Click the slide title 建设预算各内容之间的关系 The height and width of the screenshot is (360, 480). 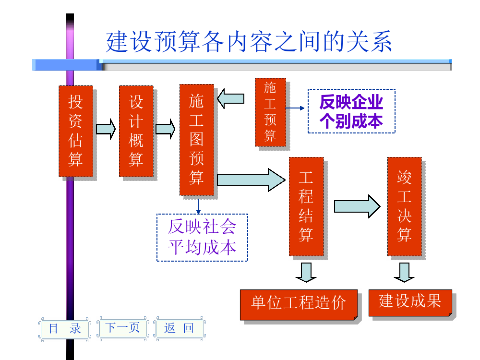249,42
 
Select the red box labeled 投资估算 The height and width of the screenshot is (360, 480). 75,131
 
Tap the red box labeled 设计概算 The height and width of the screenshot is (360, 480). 136,131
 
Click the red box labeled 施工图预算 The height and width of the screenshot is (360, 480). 196,140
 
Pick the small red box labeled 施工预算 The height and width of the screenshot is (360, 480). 270,112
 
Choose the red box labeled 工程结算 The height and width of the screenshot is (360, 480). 306,206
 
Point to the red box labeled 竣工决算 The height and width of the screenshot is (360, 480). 404,206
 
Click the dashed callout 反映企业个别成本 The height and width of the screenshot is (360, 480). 351,111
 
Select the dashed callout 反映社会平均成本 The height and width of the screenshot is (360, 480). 202,237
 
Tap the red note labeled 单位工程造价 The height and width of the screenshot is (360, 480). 299,304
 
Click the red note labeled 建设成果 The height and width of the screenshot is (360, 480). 410,302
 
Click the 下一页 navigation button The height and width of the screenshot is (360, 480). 122,327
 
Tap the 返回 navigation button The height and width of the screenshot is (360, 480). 179,328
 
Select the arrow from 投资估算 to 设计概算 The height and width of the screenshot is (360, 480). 106,129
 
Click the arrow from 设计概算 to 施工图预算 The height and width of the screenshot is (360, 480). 166,129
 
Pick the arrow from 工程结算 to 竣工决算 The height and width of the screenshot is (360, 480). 357,206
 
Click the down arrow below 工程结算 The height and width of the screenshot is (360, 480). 306,272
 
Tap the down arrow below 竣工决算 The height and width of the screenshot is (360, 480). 404,272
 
